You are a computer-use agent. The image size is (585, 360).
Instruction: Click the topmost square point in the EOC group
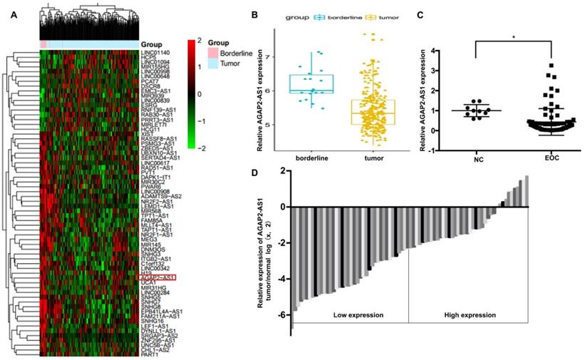point(551,66)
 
